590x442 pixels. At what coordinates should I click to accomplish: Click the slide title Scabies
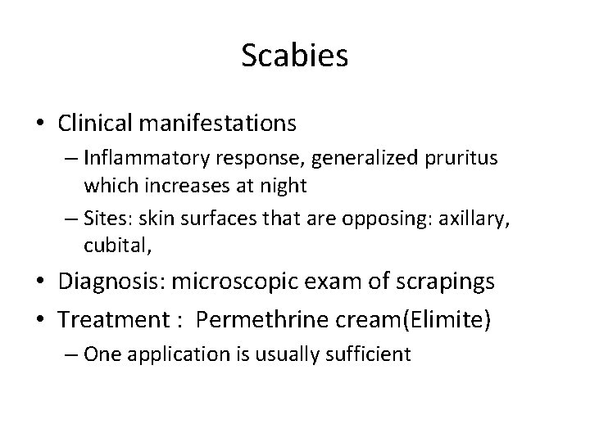tap(295, 56)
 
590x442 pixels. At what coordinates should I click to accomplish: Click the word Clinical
tap(91, 123)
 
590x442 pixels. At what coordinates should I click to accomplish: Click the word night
tap(284, 185)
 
